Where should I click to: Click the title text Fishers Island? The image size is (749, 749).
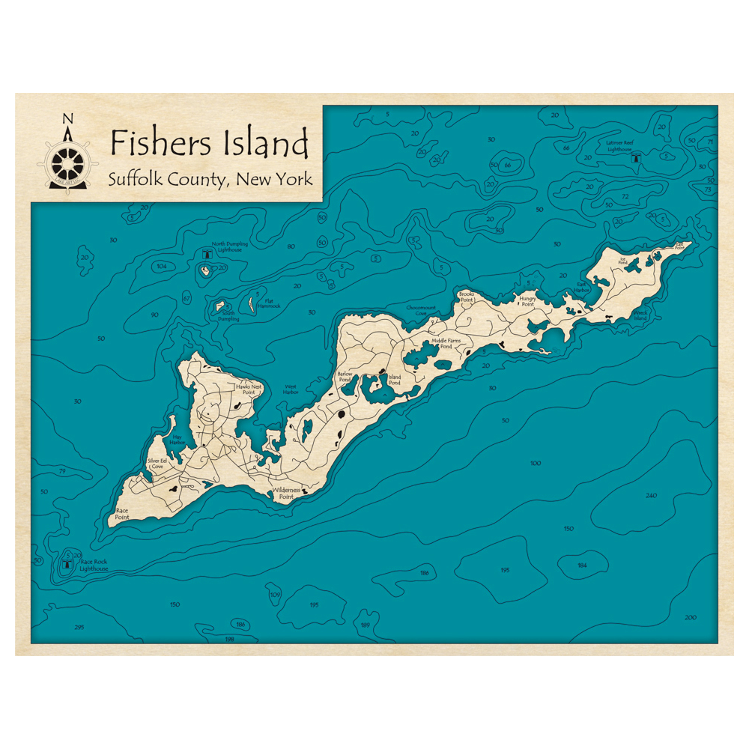[x=208, y=142]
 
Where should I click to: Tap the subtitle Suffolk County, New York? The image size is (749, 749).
[x=209, y=180]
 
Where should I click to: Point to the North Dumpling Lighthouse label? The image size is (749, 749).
[x=229, y=246]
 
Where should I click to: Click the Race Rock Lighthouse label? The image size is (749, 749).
[x=94, y=565]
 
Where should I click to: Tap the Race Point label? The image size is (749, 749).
[x=122, y=515]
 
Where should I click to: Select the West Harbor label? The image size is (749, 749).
[x=291, y=389]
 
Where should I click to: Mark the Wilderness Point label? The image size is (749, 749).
[x=286, y=493]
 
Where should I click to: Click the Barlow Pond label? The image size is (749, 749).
[x=345, y=375]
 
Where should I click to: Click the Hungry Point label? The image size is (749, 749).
[x=527, y=301]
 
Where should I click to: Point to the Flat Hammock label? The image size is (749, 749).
[x=267, y=304]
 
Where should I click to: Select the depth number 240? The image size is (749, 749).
[x=650, y=496]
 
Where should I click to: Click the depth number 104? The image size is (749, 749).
[x=160, y=267]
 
